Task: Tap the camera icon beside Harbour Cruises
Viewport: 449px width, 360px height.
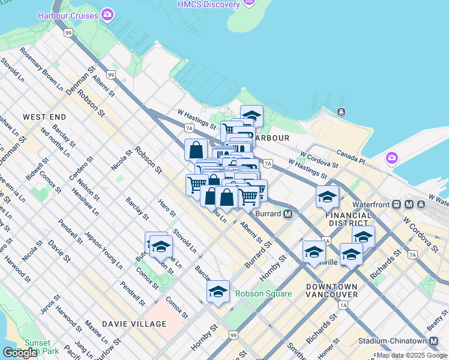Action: coord(108,14)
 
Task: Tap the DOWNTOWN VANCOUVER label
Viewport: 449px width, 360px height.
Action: coord(332,290)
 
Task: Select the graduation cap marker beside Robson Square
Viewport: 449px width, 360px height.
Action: coord(218,292)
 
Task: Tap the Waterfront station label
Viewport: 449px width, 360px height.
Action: coord(370,204)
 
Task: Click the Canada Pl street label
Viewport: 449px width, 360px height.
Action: coord(351,156)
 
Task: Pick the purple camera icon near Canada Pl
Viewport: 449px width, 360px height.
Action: coord(392,158)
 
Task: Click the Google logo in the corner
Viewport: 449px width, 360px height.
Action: coord(20,353)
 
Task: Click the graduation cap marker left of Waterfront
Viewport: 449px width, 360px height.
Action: coord(327,197)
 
